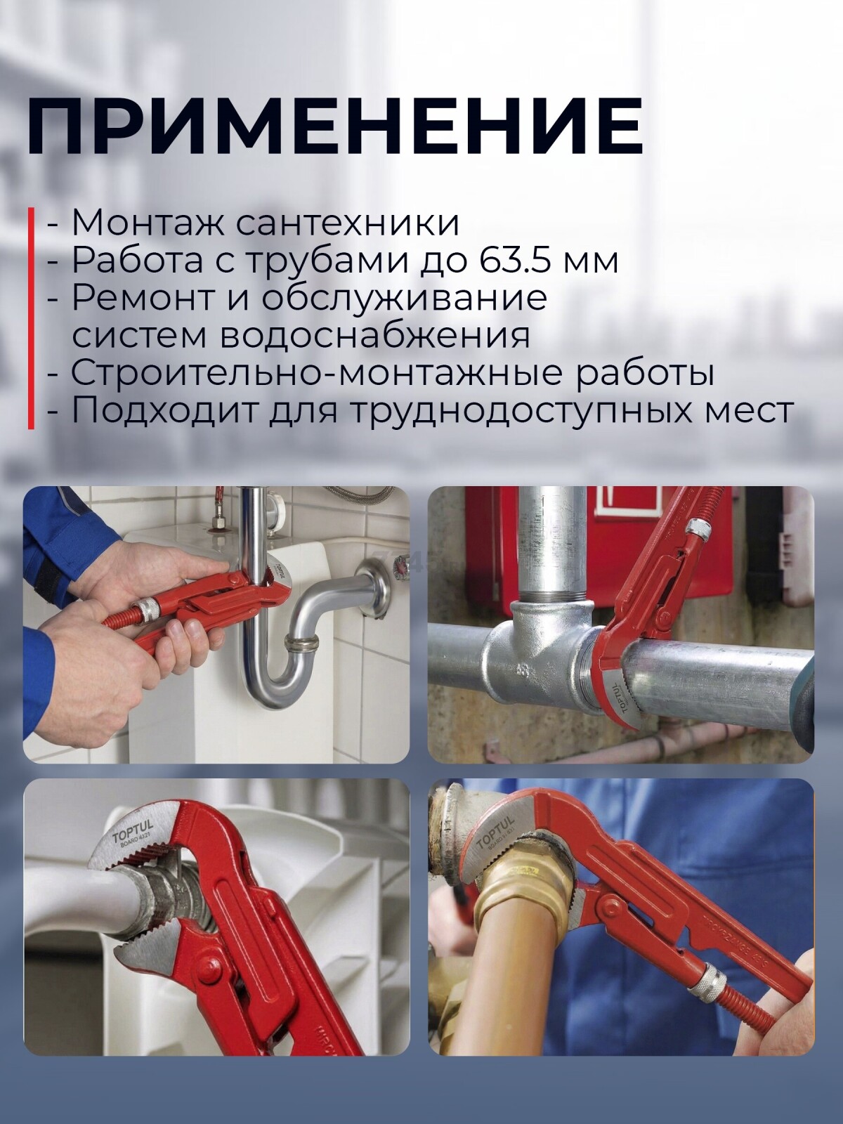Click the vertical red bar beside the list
[31, 318]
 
